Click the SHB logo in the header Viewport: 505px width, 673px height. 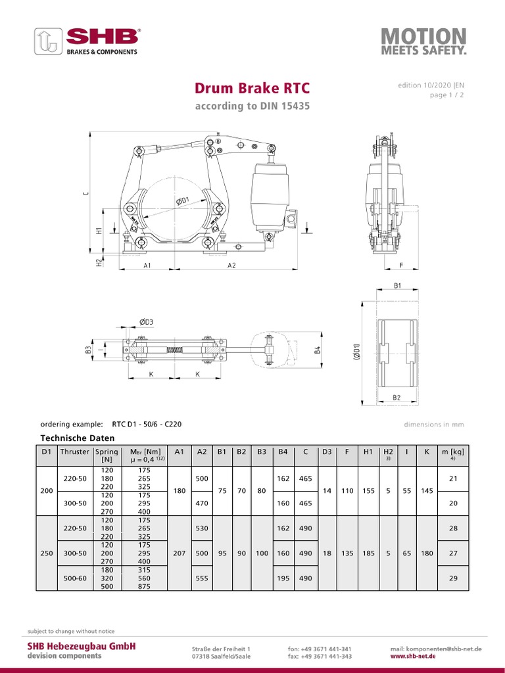pos(87,41)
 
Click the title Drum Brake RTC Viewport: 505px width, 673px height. pos(252,89)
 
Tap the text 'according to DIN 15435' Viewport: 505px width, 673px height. pos(252,106)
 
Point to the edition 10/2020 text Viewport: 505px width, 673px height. pos(431,86)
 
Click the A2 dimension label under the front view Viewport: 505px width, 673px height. pos(232,266)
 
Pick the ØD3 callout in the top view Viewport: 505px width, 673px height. pos(146,321)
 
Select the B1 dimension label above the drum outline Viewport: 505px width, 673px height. pos(398,287)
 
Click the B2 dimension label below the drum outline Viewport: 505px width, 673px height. pos(397,398)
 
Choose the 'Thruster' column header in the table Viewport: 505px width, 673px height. pos(74,452)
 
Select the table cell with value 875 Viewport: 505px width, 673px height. pos(145,586)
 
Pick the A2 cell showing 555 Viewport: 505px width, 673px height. pos(202,578)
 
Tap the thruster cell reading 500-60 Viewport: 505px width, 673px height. pos(74,578)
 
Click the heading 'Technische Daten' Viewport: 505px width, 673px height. pos(78,438)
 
